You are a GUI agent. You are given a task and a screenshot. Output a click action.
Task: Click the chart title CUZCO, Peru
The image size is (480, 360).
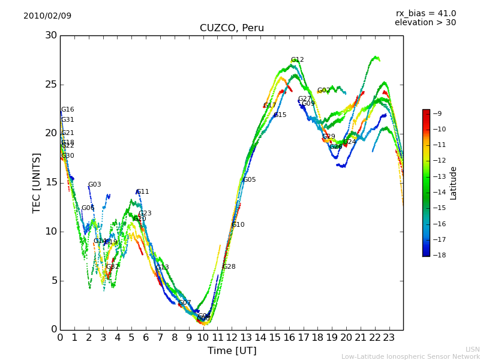[232, 28]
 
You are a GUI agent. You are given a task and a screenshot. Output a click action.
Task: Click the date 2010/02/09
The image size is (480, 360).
[47, 16]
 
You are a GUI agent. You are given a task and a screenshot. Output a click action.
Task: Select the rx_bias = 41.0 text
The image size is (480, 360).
[425, 13]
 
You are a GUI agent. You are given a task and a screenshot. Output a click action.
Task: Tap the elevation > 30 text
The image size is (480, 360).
[425, 23]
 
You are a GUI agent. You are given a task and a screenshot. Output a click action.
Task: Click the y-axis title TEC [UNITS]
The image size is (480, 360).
[37, 183]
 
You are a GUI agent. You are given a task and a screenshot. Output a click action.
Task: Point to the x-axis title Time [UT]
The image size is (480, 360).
[232, 350]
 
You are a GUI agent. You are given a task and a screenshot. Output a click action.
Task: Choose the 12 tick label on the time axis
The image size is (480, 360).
[232, 337]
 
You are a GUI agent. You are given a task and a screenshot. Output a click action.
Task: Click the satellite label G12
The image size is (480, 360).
[298, 60]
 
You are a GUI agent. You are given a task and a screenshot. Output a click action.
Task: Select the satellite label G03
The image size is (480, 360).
[95, 185]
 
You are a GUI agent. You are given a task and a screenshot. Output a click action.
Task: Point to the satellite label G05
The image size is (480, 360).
[250, 180]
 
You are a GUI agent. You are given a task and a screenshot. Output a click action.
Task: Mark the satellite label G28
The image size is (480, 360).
[229, 267]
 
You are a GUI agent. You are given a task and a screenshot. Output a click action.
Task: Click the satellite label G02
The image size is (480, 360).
[324, 91]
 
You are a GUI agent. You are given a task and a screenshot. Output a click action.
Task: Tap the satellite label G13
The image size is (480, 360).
[163, 268]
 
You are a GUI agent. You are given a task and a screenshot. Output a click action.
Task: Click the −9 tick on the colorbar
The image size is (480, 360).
[438, 113]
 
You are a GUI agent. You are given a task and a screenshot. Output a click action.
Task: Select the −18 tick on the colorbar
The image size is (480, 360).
[438, 255]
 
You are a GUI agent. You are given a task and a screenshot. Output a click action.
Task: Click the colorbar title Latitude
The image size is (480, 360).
[454, 183]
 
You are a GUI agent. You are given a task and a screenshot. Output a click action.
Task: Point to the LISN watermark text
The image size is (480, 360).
[472, 349]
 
